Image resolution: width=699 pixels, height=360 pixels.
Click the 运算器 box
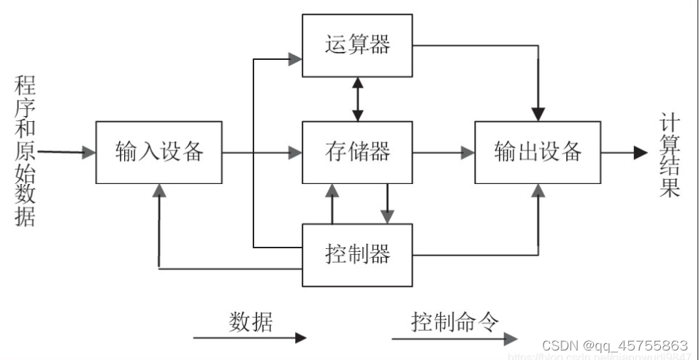(357, 45)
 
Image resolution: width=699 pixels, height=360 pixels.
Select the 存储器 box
(357, 152)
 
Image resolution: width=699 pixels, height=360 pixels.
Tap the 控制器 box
(357, 254)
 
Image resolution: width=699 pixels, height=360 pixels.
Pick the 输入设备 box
(158, 152)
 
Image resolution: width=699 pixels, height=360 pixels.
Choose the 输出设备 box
(538, 152)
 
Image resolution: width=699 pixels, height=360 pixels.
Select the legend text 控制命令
(454, 321)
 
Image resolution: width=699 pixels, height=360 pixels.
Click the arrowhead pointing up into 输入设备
(158, 190)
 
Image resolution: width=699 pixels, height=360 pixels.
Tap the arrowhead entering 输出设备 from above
(538, 114)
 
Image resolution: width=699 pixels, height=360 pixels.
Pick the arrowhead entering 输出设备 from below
(538, 190)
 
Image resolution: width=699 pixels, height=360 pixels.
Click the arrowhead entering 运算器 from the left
(295, 59)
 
